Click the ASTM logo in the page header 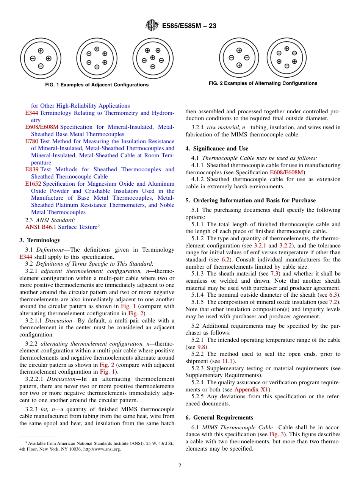[x=152, y=26]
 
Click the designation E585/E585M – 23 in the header [x=189, y=26]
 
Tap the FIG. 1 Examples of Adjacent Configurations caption [x=97, y=85]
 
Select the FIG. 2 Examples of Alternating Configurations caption [x=263, y=83]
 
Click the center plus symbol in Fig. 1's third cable [x=152, y=58]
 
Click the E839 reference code [x=32, y=169]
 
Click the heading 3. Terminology [x=40, y=240]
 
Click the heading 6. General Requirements [x=219, y=418]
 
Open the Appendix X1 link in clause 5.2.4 [x=251, y=390]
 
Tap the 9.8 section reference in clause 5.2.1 [x=202, y=347]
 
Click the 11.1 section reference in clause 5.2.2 [x=227, y=361]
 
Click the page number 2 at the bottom [x=180, y=466]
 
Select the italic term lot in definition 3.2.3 [x=43, y=409]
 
